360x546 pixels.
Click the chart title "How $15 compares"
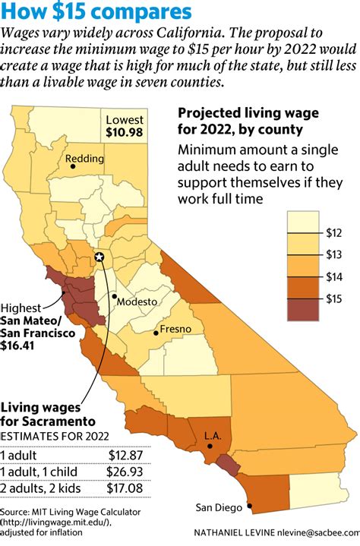coord(96,12)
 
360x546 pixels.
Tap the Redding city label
coord(84,159)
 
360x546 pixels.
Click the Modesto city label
coord(137,301)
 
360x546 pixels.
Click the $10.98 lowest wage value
coord(125,134)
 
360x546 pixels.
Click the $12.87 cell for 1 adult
coord(127,455)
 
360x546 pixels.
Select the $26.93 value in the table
coord(127,471)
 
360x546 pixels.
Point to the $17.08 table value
coord(127,488)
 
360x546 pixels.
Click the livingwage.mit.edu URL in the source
coord(62,522)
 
